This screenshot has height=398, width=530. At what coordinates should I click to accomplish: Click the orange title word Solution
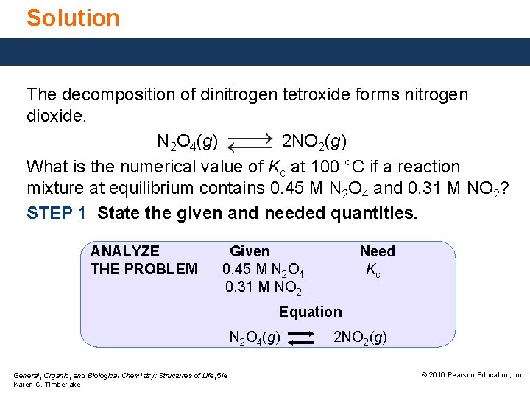click(73, 17)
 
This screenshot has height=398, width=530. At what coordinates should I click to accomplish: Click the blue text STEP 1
click(57, 213)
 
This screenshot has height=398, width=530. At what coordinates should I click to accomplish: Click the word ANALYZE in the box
click(124, 251)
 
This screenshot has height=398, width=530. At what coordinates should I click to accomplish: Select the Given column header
click(250, 251)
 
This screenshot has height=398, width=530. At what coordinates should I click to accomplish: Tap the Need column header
click(377, 251)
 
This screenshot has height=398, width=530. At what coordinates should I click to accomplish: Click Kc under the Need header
click(373, 270)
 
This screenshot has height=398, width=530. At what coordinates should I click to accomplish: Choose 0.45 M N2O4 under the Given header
click(264, 270)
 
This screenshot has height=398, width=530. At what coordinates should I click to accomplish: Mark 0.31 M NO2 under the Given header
click(264, 287)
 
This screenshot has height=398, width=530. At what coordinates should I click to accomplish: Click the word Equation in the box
click(310, 312)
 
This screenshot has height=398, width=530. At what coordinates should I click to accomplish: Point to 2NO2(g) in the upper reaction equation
click(315, 141)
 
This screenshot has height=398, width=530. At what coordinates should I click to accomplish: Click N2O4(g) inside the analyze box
click(254, 338)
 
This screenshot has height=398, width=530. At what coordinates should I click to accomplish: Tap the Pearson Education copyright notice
click(473, 375)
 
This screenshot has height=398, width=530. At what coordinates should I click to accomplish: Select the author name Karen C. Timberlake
click(48, 385)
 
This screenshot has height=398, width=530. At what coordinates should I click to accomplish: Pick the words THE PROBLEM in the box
click(144, 269)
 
